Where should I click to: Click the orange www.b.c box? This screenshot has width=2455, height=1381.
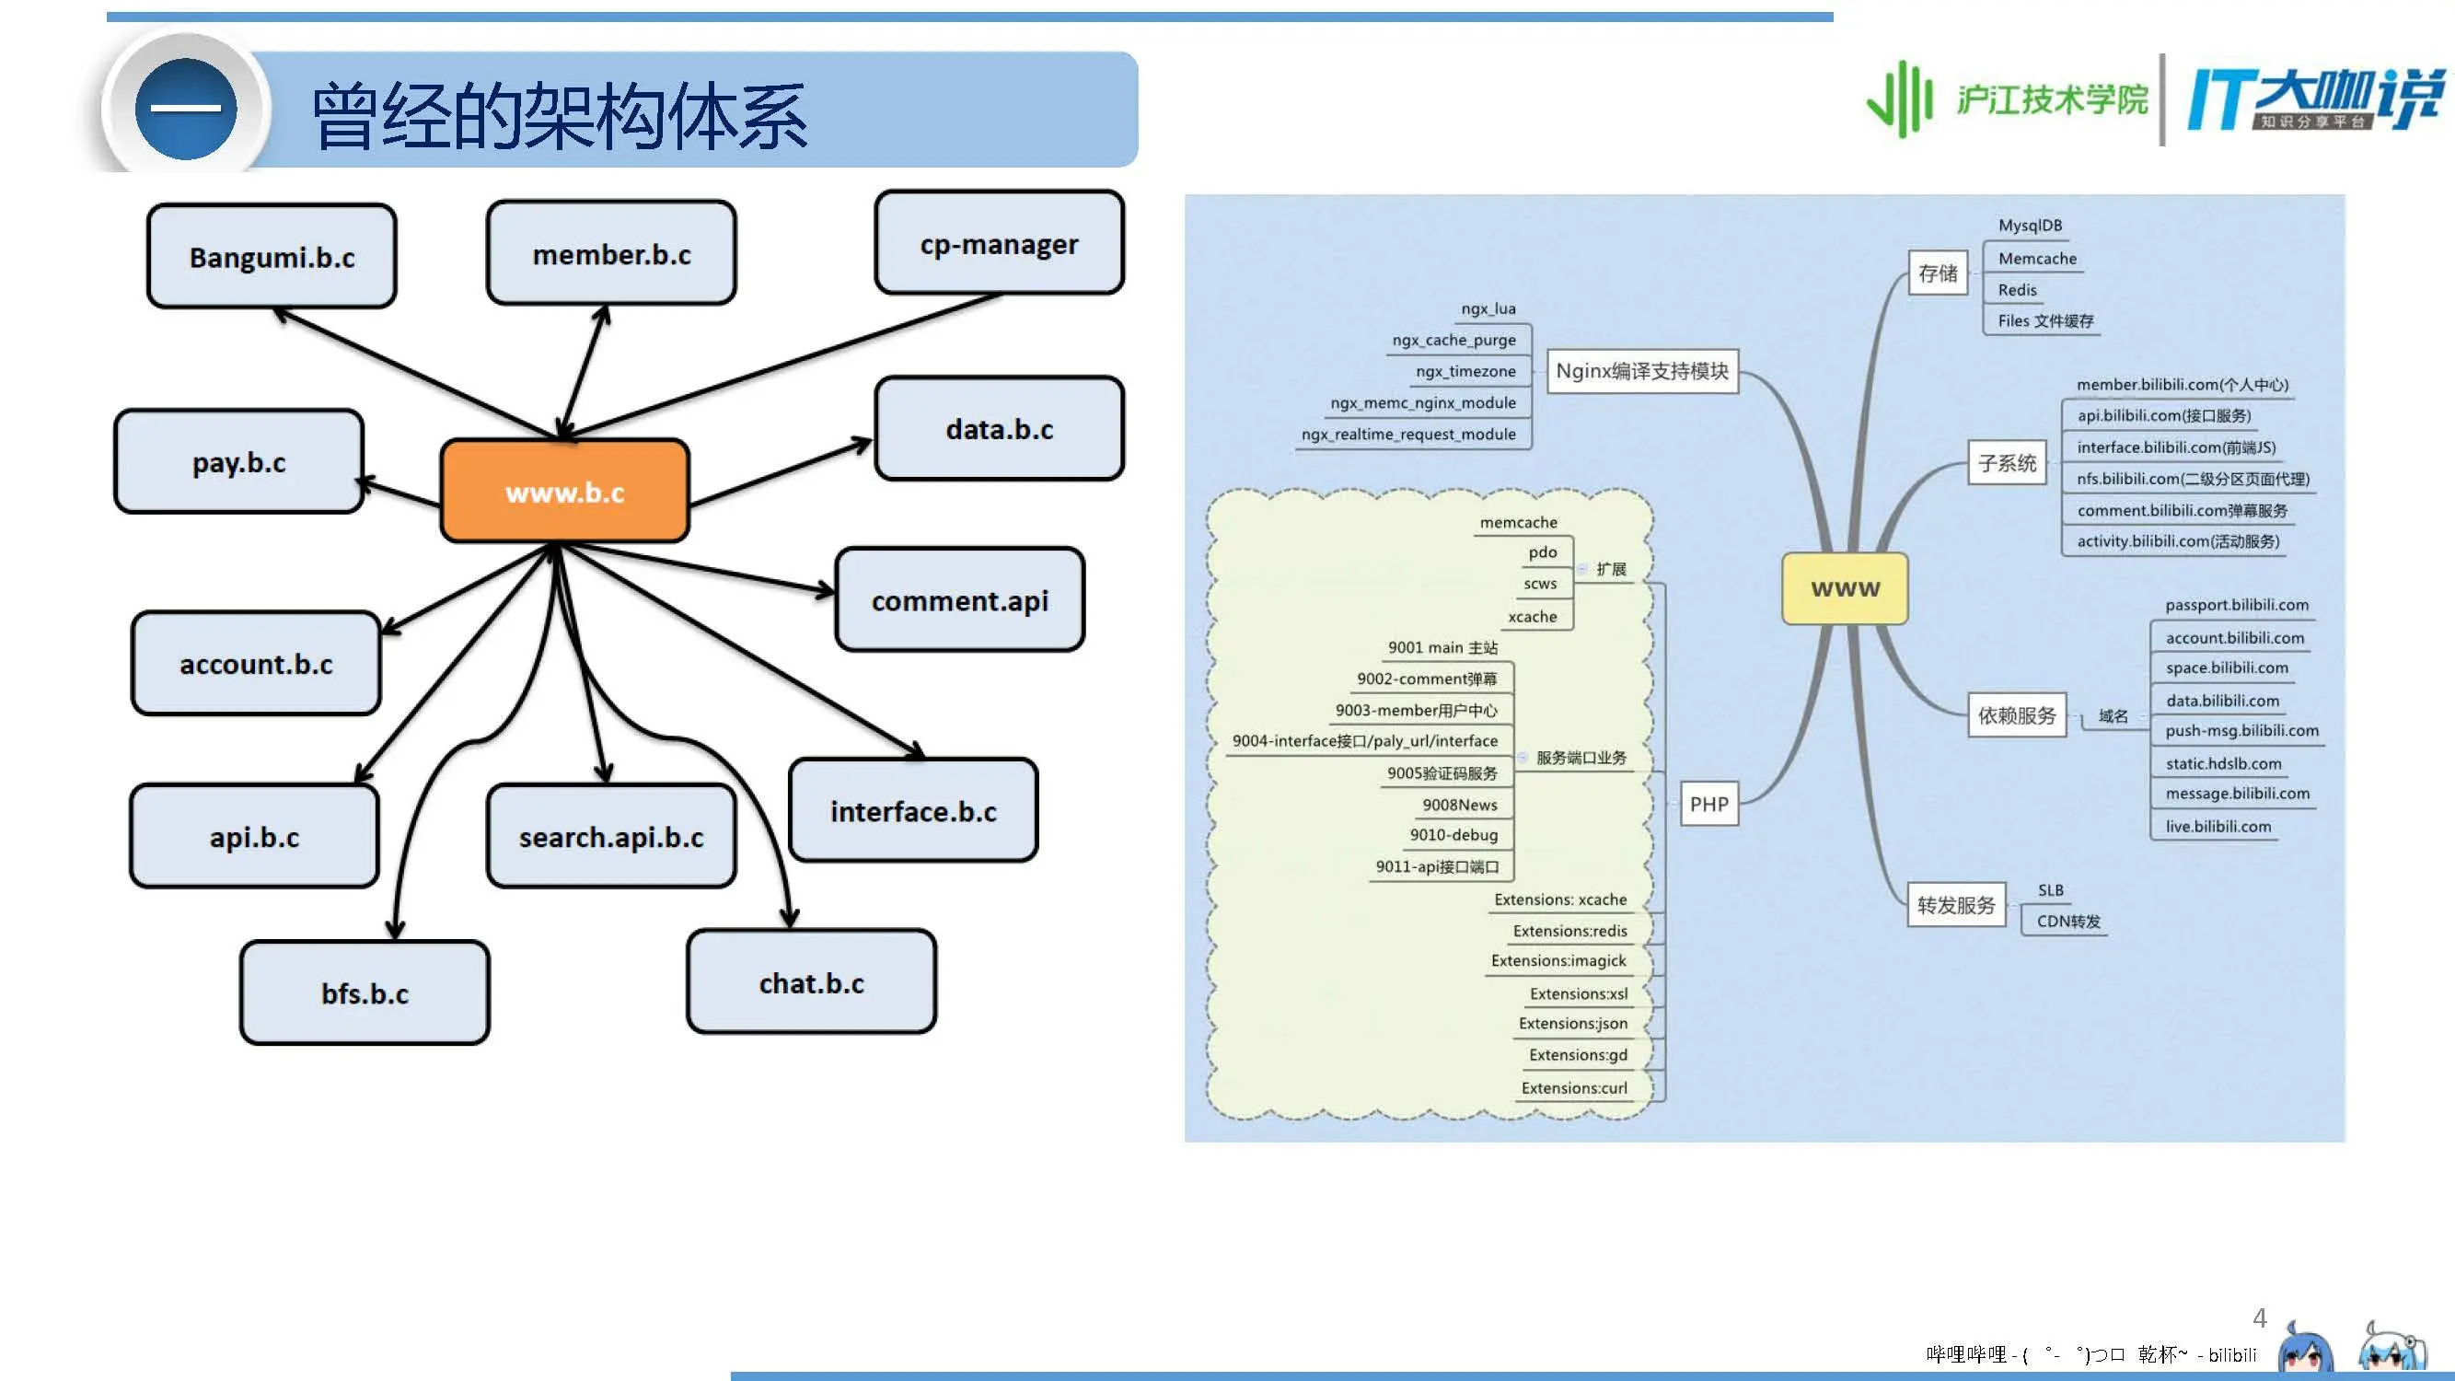564,491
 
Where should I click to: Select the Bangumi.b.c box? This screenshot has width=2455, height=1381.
272,256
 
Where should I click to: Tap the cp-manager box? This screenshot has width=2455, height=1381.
999,243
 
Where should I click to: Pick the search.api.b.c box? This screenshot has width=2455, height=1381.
611,836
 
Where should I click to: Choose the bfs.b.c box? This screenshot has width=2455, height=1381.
365,993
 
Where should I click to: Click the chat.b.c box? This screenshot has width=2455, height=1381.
811,981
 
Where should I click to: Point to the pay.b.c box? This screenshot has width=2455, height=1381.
238,462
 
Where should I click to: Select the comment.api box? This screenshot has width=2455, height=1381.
960,599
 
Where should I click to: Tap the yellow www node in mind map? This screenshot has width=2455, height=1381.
1845,588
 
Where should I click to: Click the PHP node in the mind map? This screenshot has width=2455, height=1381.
1708,804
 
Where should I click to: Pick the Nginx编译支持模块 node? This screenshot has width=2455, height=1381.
1642,371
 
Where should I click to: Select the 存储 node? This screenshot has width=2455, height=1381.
1938,273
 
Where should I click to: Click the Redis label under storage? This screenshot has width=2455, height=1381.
2017,290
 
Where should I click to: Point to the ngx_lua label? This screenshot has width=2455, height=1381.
1488,308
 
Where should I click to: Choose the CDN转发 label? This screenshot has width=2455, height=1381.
2068,922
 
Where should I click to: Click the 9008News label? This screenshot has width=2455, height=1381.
1459,805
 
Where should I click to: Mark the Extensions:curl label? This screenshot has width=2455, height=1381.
1573,1087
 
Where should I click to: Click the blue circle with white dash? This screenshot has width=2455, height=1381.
186,109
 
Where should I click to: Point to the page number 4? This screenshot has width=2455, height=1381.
2259,1318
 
